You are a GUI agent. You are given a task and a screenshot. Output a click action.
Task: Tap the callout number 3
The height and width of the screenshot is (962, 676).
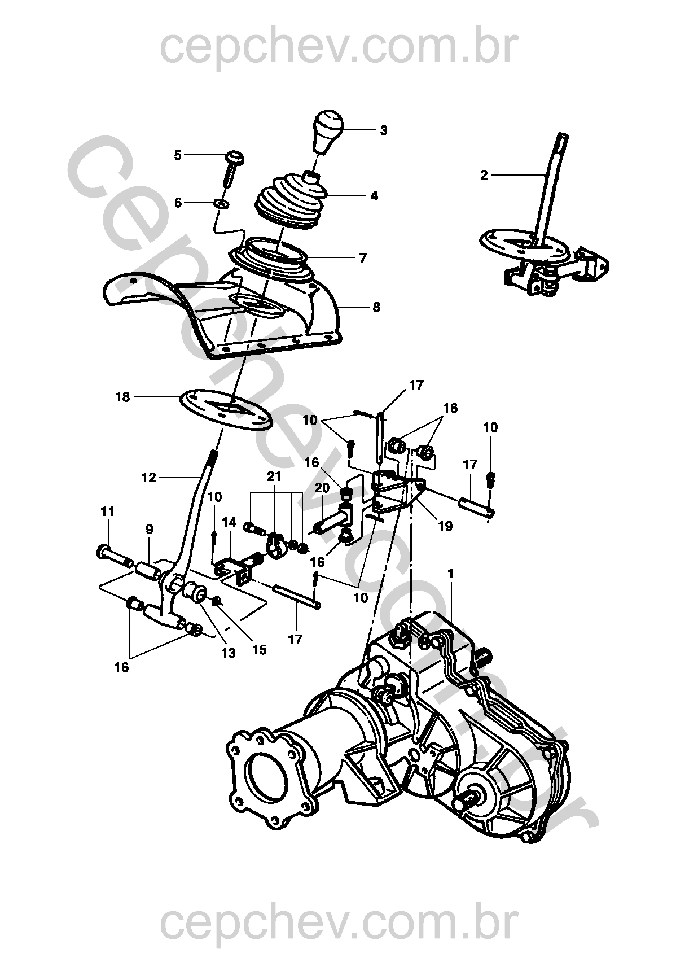click(x=384, y=130)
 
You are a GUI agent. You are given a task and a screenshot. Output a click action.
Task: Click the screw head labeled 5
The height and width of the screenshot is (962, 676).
click(x=235, y=157)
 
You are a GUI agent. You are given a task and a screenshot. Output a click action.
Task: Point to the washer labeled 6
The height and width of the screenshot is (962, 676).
click(x=221, y=203)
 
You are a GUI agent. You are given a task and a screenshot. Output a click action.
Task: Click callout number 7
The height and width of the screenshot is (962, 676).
click(x=363, y=258)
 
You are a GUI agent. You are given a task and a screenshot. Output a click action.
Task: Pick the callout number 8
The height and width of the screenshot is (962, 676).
click(x=376, y=307)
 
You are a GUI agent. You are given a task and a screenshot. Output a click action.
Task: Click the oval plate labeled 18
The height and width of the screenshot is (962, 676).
click(x=226, y=408)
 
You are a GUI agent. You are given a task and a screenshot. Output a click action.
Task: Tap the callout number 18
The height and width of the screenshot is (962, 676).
click(x=123, y=397)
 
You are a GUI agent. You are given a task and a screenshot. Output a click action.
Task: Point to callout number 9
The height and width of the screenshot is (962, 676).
click(x=150, y=529)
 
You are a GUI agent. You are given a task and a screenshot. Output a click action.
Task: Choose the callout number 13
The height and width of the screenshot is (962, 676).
click(x=229, y=653)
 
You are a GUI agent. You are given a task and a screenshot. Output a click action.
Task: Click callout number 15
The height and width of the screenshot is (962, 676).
click(x=260, y=650)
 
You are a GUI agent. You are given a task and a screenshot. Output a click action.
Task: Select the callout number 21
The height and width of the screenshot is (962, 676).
click(x=274, y=476)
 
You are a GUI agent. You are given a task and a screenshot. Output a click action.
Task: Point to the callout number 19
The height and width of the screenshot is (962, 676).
click(x=446, y=526)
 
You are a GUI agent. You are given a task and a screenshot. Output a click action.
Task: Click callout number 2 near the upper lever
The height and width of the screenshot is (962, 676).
click(x=484, y=175)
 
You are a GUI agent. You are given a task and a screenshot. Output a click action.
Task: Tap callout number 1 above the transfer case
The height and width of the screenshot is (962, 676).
click(x=451, y=574)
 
